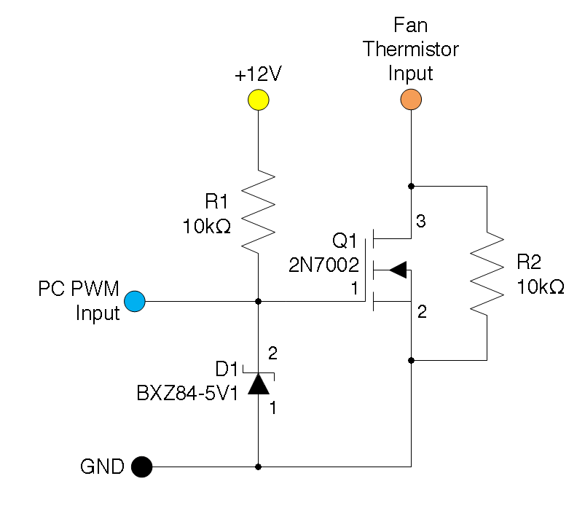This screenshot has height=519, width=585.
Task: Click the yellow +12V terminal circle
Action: point(259,99)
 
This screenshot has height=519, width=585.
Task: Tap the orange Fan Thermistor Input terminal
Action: point(412,99)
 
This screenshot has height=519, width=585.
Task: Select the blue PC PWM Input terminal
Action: point(135,300)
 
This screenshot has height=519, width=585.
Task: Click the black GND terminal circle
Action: point(141,467)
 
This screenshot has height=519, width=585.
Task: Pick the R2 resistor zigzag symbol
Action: point(487,273)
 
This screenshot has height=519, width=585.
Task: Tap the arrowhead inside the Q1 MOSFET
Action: point(397,270)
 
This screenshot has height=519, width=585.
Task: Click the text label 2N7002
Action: point(325,263)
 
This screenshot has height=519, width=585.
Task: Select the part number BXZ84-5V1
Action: point(187,394)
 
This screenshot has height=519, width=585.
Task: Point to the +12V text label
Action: point(258,75)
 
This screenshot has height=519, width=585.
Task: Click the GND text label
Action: point(102,467)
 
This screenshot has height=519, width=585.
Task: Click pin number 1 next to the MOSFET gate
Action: point(355,289)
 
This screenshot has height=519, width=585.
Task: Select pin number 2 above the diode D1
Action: point(273,354)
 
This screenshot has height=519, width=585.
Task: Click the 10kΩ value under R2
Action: point(541,286)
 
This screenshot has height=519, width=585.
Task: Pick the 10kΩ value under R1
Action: point(207,227)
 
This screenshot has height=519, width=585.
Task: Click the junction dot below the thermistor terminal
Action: point(412,185)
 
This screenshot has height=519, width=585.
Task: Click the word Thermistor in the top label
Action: point(411,50)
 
